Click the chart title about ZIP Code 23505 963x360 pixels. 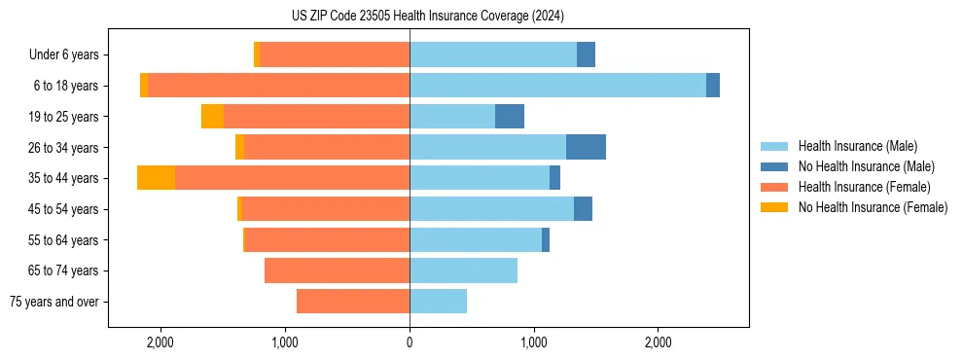point(427,17)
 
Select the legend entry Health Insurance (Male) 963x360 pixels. point(857,146)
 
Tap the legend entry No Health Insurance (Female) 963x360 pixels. point(873,207)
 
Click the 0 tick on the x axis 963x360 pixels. point(410,342)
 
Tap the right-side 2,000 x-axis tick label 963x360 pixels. point(659,342)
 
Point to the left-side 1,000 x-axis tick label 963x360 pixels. point(285,342)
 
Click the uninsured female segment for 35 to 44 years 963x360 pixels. point(156,178)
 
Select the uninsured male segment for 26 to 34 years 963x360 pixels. point(586,147)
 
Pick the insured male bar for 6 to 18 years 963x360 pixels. point(557,86)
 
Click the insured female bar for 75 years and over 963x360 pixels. point(353,302)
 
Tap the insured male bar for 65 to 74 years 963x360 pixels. point(463,270)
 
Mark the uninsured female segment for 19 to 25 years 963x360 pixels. point(212,117)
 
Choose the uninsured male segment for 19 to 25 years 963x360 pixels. point(510,117)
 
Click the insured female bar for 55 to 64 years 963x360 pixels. point(327,239)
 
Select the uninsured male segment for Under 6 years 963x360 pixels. point(586,55)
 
